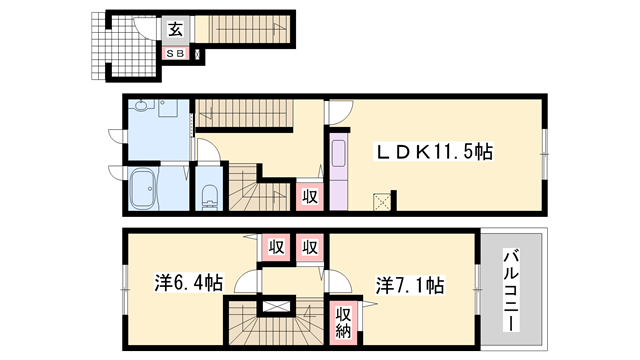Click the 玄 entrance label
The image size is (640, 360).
point(176,29)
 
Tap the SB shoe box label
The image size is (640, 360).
point(176,53)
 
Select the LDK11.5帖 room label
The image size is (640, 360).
point(434,152)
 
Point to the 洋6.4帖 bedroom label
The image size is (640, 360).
point(189,282)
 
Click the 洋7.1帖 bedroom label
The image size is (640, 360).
point(410,285)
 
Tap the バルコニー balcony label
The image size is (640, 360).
point(511,290)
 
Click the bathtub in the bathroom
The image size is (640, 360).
point(143,189)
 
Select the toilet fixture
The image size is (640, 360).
point(210,197)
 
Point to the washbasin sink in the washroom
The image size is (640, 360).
point(141,106)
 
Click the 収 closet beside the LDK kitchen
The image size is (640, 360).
point(310,197)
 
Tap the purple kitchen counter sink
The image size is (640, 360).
point(338,153)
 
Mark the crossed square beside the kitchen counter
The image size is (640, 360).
point(382,202)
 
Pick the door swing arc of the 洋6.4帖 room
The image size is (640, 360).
point(246,283)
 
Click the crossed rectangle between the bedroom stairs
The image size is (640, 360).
point(276,306)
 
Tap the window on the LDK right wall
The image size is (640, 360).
point(544,154)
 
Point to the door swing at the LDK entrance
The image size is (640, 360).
point(340,112)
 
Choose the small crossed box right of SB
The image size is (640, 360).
point(199,54)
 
